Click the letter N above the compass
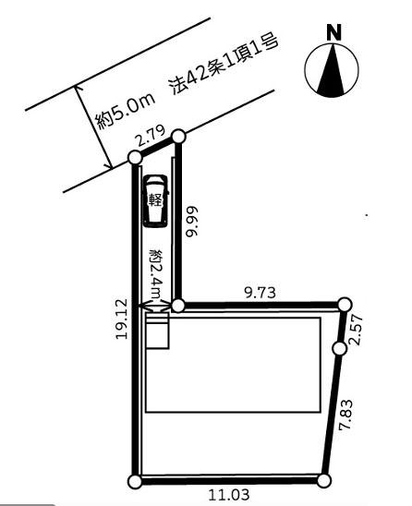click(333, 33)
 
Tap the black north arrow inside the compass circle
click(332, 73)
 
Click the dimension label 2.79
click(150, 136)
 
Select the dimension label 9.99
click(192, 222)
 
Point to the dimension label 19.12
click(122, 319)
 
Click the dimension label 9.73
click(261, 293)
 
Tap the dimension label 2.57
click(356, 330)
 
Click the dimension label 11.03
click(229, 495)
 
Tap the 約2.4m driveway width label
click(156, 273)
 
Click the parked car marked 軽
click(156, 201)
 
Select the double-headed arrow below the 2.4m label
click(154, 306)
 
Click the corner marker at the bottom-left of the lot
click(135, 481)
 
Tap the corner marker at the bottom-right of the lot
click(324, 481)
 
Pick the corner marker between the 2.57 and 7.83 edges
click(339, 348)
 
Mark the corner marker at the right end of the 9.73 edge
click(345, 304)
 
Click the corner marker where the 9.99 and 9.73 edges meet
click(177, 306)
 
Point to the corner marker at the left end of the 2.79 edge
click(135, 158)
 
